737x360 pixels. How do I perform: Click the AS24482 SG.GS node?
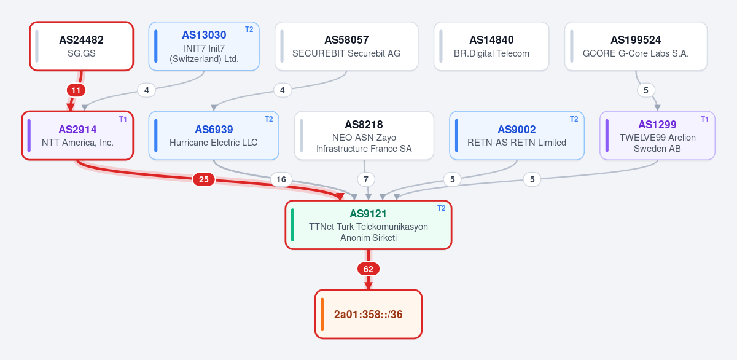click(x=81, y=46)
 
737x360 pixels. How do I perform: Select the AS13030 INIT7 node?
click(x=204, y=46)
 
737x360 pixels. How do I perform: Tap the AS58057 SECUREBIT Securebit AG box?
click(x=346, y=46)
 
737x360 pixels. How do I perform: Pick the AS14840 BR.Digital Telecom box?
click(x=491, y=46)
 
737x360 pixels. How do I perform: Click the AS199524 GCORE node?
click(x=636, y=46)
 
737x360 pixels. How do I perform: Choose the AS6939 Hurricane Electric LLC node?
click(x=214, y=136)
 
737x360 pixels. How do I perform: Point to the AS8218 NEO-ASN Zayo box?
click(x=364, y=136)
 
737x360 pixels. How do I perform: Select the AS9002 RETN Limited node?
click(x=517, y=136)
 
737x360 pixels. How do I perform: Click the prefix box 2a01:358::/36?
click(x=368, y=314)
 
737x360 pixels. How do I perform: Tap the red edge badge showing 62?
click(x=368, y=269)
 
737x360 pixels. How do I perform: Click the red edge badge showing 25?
click(x=204, y=179)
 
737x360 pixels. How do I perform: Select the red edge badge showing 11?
click(x=76, y=90)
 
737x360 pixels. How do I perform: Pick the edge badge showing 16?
click(x=281, y=179)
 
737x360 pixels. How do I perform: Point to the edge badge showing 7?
click(x=366, y=179)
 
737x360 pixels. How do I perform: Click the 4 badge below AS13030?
click(x=146, y=90)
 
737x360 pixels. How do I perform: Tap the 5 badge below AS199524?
click(x=646, y=90)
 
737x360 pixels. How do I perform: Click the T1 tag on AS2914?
click(x=123, y=119)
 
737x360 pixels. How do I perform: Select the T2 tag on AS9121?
click(x=441, y=208)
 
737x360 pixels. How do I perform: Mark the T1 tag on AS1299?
click(x=704, y=119)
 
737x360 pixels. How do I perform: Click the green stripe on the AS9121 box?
click(x=292, y=225)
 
